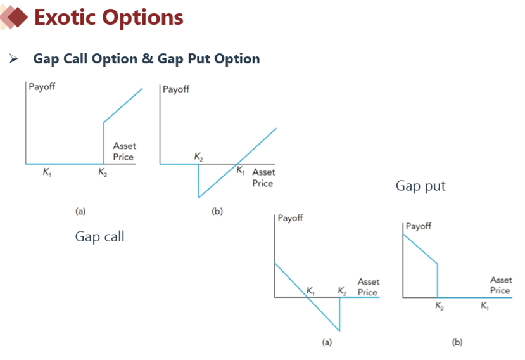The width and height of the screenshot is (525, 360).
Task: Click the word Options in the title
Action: click(x=143, y=18)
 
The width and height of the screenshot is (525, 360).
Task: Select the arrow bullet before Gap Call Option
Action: click(x=13, y=59)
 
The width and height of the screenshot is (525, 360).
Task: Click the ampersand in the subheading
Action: click(x=148, y=59)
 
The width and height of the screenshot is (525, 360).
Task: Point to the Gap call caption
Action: click(x=100, y=236)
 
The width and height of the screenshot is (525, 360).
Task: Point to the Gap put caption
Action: click(x=421, y=186)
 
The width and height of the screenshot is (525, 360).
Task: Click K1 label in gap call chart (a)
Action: click(x=47, y=172)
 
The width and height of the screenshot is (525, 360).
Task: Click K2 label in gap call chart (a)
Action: click(x=103, y=172)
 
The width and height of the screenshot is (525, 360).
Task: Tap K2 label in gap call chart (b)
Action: click(x=199, y=157)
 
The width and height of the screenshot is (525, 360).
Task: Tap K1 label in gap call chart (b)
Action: click(x=241, y=170)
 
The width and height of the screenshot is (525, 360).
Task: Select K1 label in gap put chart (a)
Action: click(x=310, y=291)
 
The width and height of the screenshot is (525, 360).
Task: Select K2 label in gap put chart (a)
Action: click(x=342, y=291)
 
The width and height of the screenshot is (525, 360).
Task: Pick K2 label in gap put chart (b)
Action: click(x=440, y=305)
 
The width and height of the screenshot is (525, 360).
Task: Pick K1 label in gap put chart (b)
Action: click(x=484, y=305)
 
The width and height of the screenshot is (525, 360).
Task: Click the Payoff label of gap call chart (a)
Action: click(x=42, y=86)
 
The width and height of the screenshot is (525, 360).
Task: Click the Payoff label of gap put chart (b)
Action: click(x=418, y=226)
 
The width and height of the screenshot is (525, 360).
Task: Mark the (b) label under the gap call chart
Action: click(x=217, y=211)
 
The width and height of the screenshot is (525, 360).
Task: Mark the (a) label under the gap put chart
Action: click(x=327, y=342)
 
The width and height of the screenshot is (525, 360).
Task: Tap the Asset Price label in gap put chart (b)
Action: click(x=501, y=285)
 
